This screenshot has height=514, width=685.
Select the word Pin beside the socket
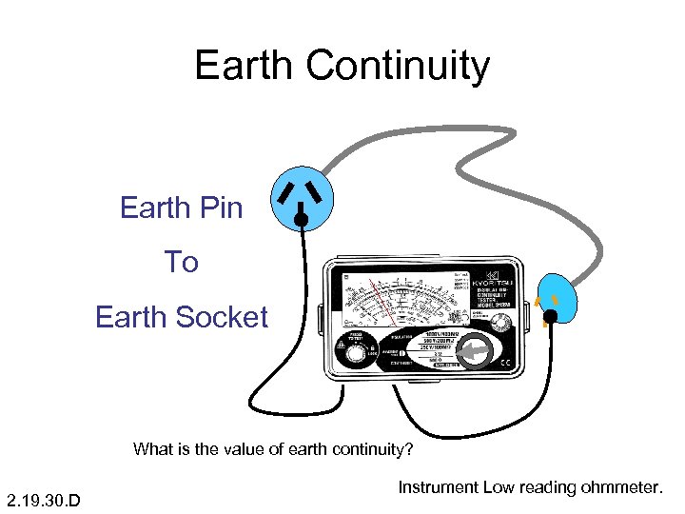219,207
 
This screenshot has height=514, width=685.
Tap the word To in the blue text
181,261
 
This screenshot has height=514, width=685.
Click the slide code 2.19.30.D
43,500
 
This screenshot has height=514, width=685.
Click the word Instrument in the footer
438,487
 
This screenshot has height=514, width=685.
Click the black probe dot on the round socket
301,220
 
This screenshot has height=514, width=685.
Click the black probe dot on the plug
550,316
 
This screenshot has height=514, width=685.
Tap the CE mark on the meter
506,363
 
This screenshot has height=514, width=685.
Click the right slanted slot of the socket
320,191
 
